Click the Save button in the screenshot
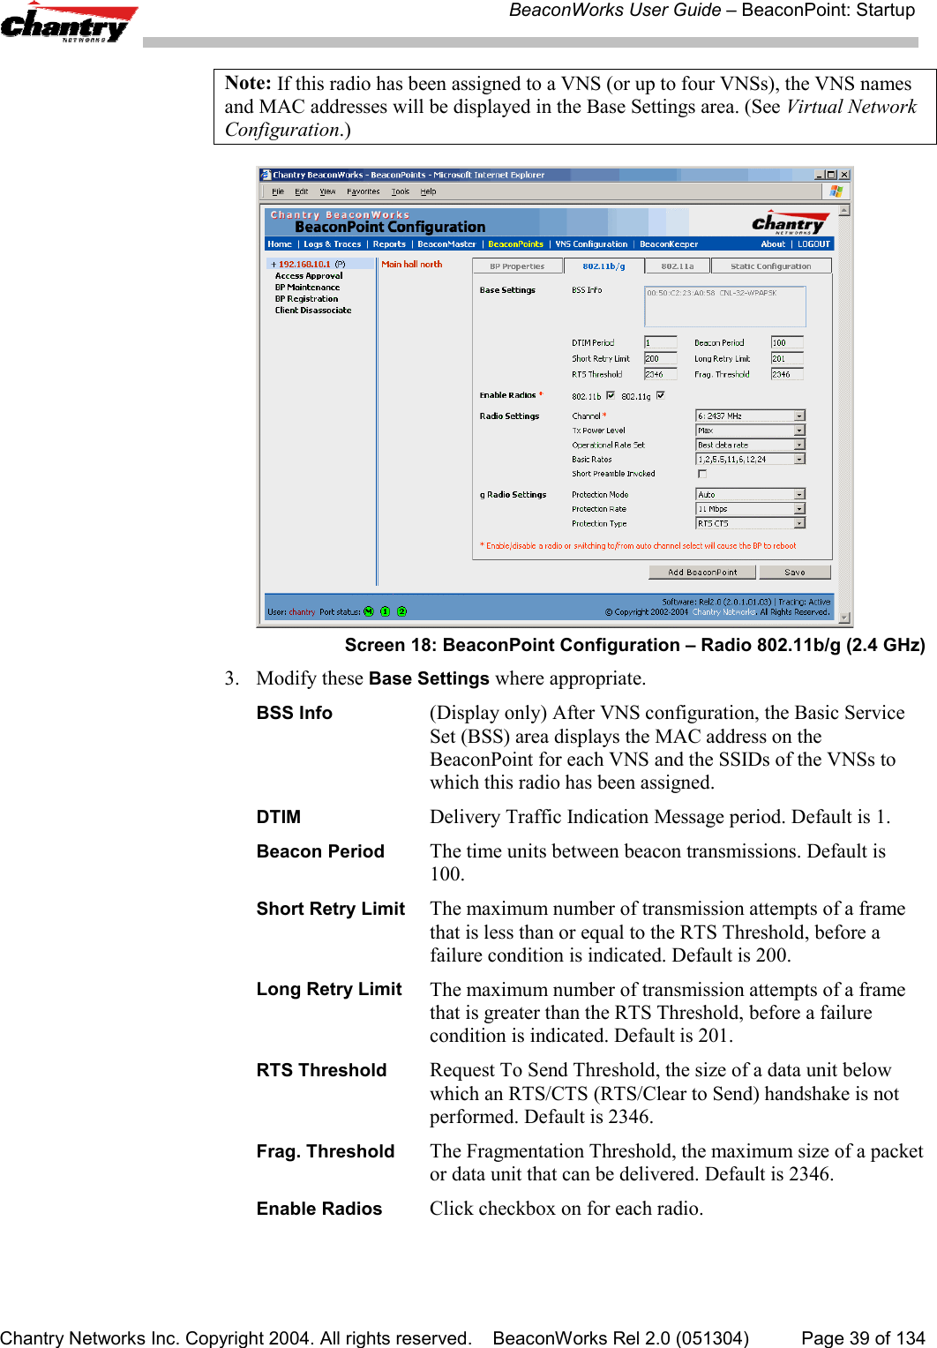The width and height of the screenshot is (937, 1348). [794, 573]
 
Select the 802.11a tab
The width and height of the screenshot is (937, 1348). [677, 266]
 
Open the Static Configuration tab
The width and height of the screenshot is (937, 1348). [770, 266]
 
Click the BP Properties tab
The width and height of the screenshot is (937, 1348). [517, 266]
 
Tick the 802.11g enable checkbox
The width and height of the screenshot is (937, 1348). [661, 395]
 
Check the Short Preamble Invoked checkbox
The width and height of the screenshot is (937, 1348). [702, 474]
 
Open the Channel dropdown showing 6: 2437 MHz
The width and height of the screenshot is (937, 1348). [750, 416]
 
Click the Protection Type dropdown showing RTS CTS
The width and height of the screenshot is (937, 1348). [750, 523]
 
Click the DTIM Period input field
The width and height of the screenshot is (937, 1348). [660, 342]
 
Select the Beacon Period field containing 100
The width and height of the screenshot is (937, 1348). [786, 342]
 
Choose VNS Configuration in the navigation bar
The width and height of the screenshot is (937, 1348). [591, 244]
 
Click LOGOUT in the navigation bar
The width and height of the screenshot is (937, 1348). [813, 244]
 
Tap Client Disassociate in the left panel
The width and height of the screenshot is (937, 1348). [313, 311]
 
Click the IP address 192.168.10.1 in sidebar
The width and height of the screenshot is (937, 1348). [304, 264]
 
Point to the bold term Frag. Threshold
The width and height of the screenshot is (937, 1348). [325, 1151]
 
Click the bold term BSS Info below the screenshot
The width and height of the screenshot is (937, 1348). [294, 713]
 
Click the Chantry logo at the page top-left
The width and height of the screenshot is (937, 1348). [67, 24]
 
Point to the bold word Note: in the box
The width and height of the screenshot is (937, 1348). [248, 83]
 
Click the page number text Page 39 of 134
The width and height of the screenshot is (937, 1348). [862, 1338]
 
